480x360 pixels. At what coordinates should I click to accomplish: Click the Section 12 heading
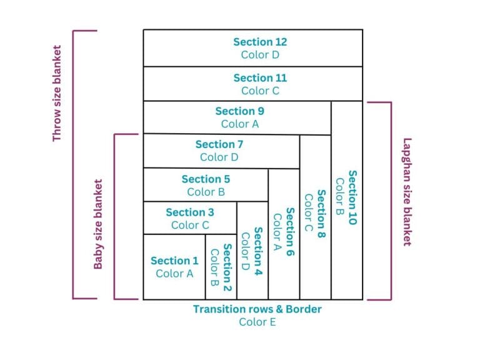coord(260,42)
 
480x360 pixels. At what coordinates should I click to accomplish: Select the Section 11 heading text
coord(260,78)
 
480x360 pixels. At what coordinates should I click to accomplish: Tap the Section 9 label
coord(240,111)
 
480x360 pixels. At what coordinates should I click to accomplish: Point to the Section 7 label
coord(219,144)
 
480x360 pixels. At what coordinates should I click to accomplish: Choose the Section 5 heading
coord(206,179)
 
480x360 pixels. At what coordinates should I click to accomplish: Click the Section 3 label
coord(190,212)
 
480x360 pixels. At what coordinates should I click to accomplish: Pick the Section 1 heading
coord(174,261)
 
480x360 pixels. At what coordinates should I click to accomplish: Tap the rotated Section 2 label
coord(227,267)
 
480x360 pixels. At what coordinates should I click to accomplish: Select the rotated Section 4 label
coord(258,251)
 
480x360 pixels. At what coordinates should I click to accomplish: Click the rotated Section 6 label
coord(290,232)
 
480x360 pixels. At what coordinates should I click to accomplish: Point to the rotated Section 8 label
coord(321,214)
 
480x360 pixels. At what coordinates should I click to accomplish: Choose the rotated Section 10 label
coord(352,197)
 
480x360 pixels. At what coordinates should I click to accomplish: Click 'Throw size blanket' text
coord(57,93)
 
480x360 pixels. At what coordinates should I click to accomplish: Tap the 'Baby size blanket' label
coord(97,224)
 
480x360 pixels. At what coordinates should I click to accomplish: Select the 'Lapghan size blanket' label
coord(407,192)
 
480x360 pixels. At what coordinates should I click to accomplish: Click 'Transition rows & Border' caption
coord(257,309)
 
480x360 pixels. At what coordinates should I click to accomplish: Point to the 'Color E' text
coord(257,322)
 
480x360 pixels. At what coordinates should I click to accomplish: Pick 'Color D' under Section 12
coord(260,55)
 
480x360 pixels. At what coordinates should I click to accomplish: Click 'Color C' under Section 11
coord(260,91)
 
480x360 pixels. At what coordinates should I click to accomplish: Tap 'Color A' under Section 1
coord(174,274)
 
